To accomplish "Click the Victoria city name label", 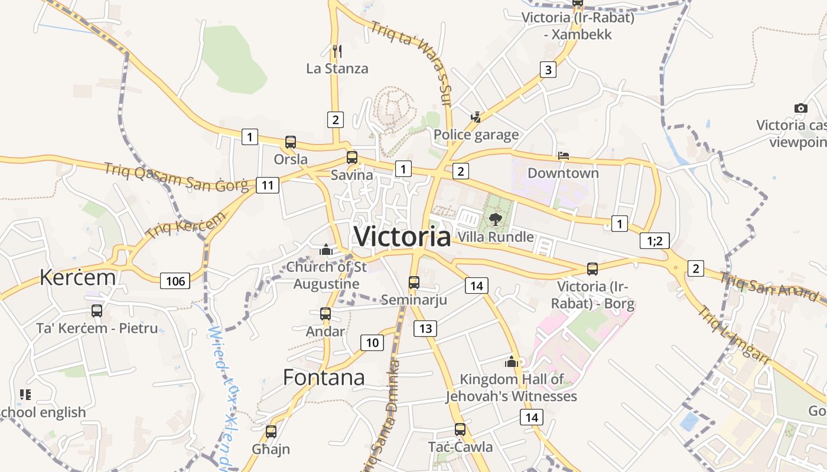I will (402, 236).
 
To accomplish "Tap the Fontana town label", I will (324, 377).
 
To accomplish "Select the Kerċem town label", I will (77, 277).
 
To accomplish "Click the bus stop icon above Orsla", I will (291, 142).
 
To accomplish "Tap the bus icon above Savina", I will (352, 158).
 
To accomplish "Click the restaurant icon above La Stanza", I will (337, 51).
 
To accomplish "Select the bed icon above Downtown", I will (563, 156).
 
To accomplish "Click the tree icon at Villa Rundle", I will (495, 220).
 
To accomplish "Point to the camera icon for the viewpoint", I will (801, 108).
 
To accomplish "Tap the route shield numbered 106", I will (175, 281).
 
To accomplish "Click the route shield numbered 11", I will (268, 185).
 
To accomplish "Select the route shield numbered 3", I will (548, 70).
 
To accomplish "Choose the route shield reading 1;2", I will (655, 241).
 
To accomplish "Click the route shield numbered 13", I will (425, 328).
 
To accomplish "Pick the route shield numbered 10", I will (372, 342).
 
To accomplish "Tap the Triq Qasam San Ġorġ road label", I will (176, 176).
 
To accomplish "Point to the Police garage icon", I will (476, 117).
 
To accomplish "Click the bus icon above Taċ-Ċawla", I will (460, 430).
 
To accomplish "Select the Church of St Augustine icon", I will (325, 250).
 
